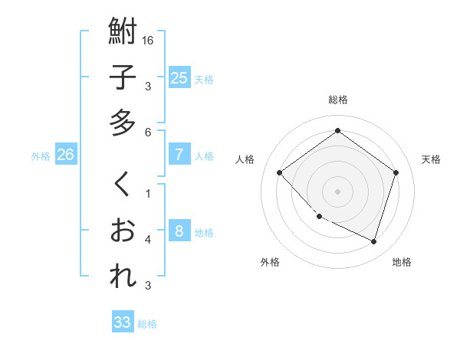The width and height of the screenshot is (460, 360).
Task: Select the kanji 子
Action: click(x=123, y=78)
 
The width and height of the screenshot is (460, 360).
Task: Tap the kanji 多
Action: click(x=123, y=123)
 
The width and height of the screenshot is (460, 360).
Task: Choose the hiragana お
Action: click(x=123, y=230)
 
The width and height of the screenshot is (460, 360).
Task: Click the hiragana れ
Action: click(x=123, y=276)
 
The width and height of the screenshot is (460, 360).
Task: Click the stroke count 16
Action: click(x=148, y=40)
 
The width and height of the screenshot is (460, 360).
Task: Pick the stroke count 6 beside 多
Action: click(x=148, y=132)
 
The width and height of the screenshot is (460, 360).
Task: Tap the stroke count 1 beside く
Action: click(x=148, y=193)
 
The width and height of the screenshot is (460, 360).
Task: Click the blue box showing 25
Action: click(x=179, y=77)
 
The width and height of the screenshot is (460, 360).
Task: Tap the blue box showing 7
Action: click(x=179, y=154)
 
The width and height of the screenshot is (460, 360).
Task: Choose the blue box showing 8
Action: click(x=179, y=231)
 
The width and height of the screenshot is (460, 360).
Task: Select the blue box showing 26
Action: click(x=65, y=154)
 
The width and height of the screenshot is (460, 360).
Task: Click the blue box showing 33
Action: click(x=122, y=322)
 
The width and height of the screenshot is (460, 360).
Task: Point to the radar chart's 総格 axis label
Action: click(x=338, y=100)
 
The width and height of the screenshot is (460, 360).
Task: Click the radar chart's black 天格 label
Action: click(x=431, y=159)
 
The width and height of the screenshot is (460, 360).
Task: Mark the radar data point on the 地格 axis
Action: click(x=373, y=242)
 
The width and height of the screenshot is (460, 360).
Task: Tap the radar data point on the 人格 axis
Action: click(x=280, y=173)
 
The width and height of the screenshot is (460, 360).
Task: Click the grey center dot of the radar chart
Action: click(x=337, y=191)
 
